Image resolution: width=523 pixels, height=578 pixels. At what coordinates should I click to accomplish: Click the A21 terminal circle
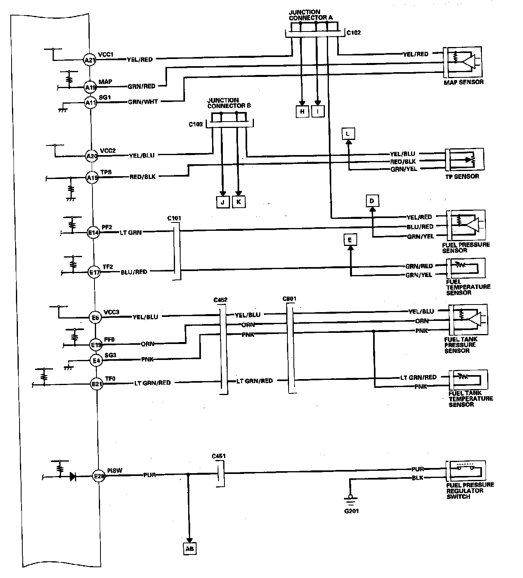click(x=89, y=60)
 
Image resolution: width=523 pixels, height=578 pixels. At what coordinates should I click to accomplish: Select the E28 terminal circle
click(x=98, y=476)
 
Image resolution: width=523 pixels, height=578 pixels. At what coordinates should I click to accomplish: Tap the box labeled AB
click(x=190, y=549)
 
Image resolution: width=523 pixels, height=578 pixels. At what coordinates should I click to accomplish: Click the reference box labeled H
click(x=302, y=112)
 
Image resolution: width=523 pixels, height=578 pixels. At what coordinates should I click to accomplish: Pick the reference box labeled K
click(x=238, y=202)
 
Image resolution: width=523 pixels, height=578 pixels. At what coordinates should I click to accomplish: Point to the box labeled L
click(x=348, y=134)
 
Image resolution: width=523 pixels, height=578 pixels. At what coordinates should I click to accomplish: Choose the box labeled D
click(x=372, y=201)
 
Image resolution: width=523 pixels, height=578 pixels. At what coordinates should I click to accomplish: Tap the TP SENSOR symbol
click(x=465, y=160)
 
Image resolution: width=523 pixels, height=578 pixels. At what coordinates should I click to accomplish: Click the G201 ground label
click(x=351, y=511)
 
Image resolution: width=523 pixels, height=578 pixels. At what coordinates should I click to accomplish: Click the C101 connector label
click(x=175, y=218)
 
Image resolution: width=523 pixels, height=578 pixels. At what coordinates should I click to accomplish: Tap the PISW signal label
click(x=115, y=470)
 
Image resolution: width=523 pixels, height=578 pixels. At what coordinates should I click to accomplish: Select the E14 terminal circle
click(x=93, y=232)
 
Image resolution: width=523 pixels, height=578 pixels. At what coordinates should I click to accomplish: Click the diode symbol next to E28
click(x=73, y=476)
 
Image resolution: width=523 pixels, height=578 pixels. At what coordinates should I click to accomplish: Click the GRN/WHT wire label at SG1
click(x=143, y=102)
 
